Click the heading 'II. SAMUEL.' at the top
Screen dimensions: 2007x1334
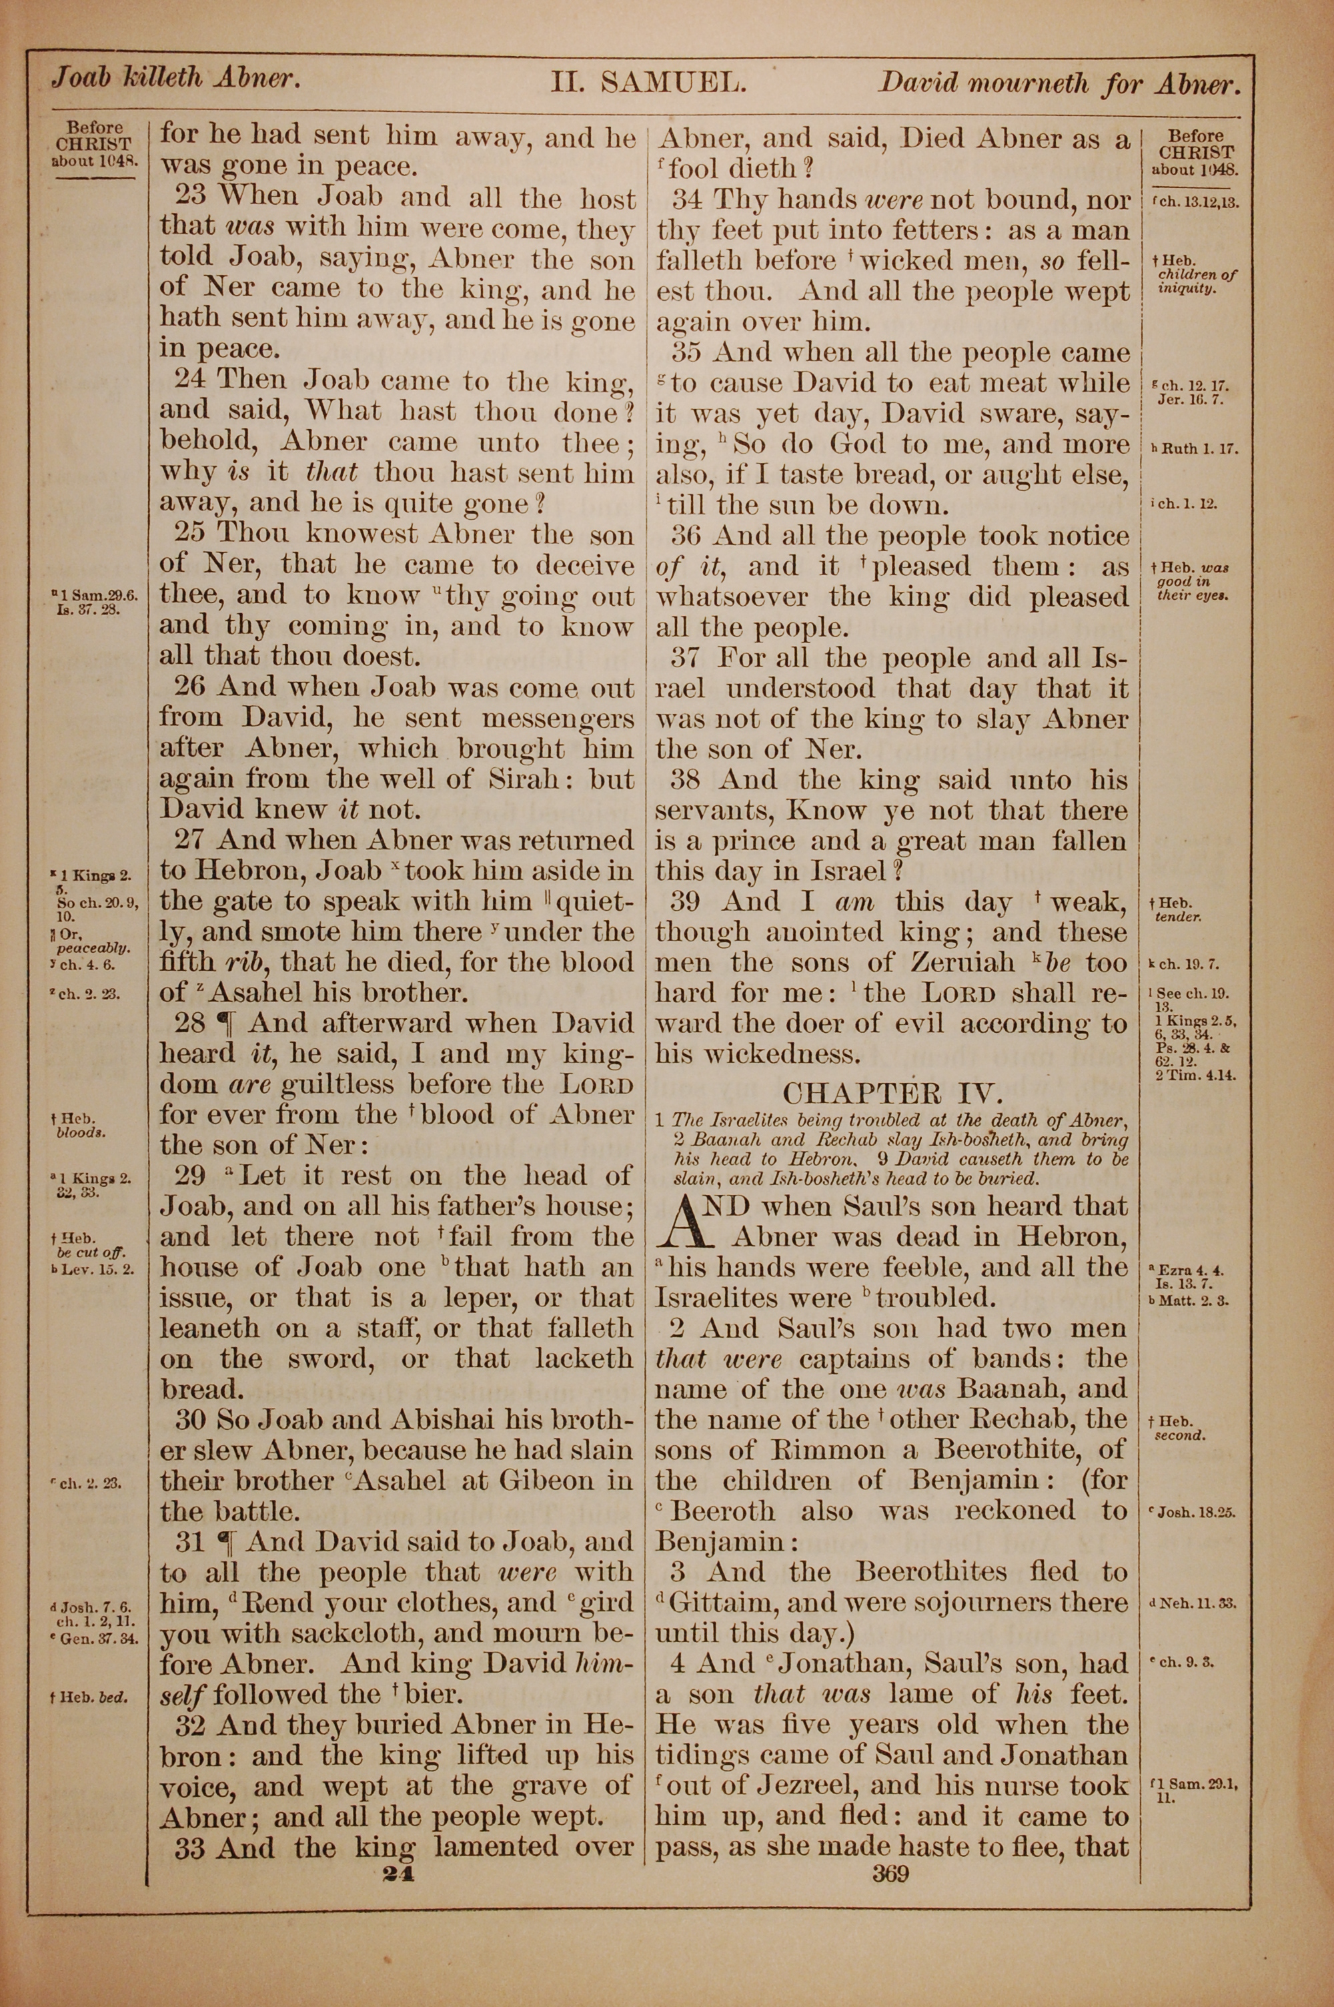(649, 83)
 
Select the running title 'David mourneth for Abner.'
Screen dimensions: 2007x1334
(1055, 83)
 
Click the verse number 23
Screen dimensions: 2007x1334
(191, 197)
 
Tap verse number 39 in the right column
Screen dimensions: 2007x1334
(688, 902)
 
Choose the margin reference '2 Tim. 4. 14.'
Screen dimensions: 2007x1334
(1195, 1074)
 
